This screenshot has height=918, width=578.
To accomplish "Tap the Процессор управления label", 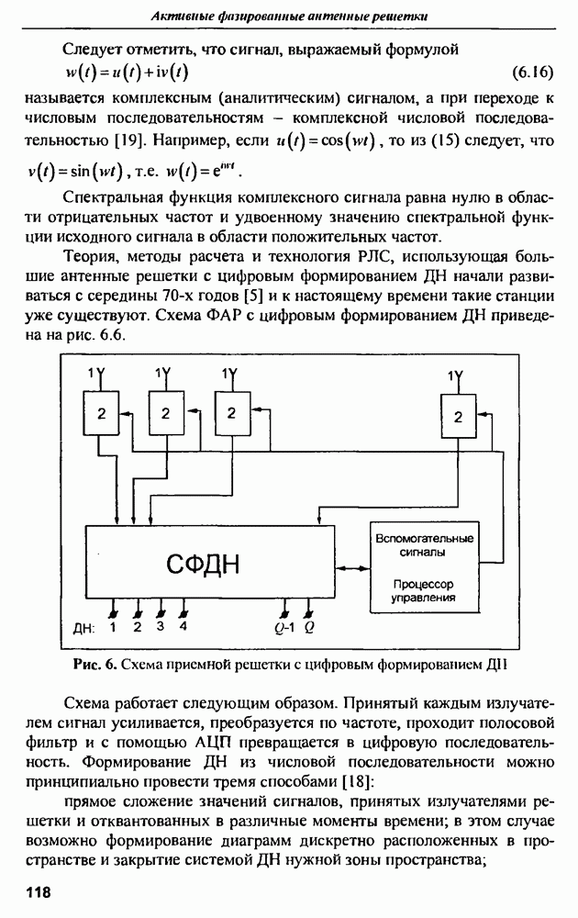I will tap(423, 590).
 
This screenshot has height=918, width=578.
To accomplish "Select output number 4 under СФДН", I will tap(183, 628).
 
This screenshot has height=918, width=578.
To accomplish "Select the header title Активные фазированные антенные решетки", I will tap(289, 16).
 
